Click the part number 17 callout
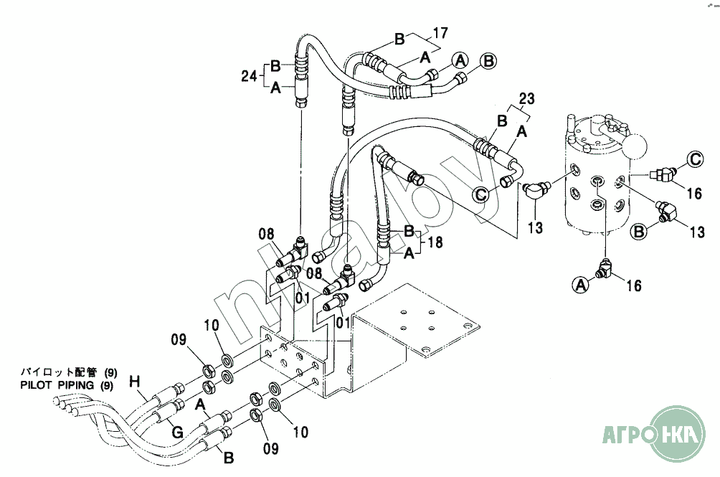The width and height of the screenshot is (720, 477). pos(440,33)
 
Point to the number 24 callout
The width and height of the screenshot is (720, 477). pos(249,76)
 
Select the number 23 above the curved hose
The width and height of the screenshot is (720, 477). pos(527,99)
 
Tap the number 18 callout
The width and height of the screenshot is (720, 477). pos(435,242)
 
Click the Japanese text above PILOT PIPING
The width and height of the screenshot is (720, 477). pos(69,372)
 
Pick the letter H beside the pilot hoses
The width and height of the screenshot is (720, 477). pos(134,381)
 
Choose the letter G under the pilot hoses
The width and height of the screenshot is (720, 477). pos(177,432)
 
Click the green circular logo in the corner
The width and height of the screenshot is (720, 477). pos(678,434)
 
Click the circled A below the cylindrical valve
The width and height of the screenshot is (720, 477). pos(581,285)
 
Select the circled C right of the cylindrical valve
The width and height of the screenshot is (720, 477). pos(696,159)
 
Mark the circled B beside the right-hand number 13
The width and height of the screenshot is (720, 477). pos(640,232)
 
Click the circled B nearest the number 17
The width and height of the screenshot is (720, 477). pos(488,60)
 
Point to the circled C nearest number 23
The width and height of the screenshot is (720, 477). pos(480,194)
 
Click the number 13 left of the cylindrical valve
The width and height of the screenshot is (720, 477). pos(536,227)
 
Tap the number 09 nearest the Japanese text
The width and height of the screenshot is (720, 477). pos(179,339)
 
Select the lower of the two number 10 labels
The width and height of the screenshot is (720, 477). pos(300,432)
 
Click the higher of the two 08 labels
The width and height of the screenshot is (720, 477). pos(266,234)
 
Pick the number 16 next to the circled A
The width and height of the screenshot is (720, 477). pos(634,285)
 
